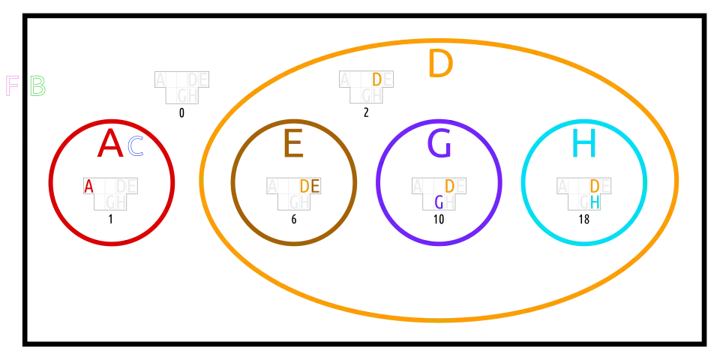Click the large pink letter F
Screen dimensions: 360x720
click(11, 85)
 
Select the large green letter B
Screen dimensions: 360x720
click(37, 85)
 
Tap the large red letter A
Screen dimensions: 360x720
click(110, 144)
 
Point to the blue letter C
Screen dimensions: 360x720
click(135, 145)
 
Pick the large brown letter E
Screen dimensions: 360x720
click(293, 144)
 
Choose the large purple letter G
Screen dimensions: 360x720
click(439, 144)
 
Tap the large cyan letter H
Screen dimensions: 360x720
click(583, 144)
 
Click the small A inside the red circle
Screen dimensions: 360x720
click(89, 186)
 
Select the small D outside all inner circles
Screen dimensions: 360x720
click(376, 79)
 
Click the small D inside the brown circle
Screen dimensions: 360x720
click(304, 186)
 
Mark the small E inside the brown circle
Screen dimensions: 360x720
click(315, 186)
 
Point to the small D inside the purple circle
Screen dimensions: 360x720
click(449, 186)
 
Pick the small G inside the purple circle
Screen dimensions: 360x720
click(439, 202)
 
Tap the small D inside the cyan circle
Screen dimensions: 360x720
click(595, 186)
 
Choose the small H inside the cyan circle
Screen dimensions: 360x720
click(595, 202)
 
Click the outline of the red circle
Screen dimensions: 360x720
click(49, 182)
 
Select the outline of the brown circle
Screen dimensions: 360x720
click(231, 182)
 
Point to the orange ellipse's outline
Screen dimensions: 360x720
click(201, 180)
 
